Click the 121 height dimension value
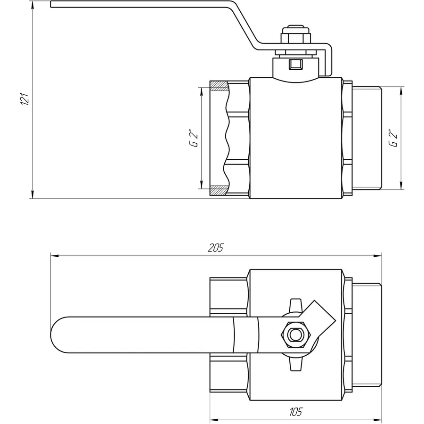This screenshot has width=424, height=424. (27, 99)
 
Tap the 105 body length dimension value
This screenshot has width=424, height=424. (295, 411)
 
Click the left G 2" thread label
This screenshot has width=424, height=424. (194, 137)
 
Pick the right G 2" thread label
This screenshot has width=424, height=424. (393, 137)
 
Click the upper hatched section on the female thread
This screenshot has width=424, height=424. (218, 87)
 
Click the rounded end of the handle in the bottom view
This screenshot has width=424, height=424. (59, 335)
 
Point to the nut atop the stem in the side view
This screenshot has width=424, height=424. (292, 36)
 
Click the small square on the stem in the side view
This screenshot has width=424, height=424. (296, 63)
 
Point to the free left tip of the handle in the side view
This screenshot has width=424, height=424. (52, 5)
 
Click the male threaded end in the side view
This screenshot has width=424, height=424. (367, 138)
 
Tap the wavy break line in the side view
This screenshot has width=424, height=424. (227, 138)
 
